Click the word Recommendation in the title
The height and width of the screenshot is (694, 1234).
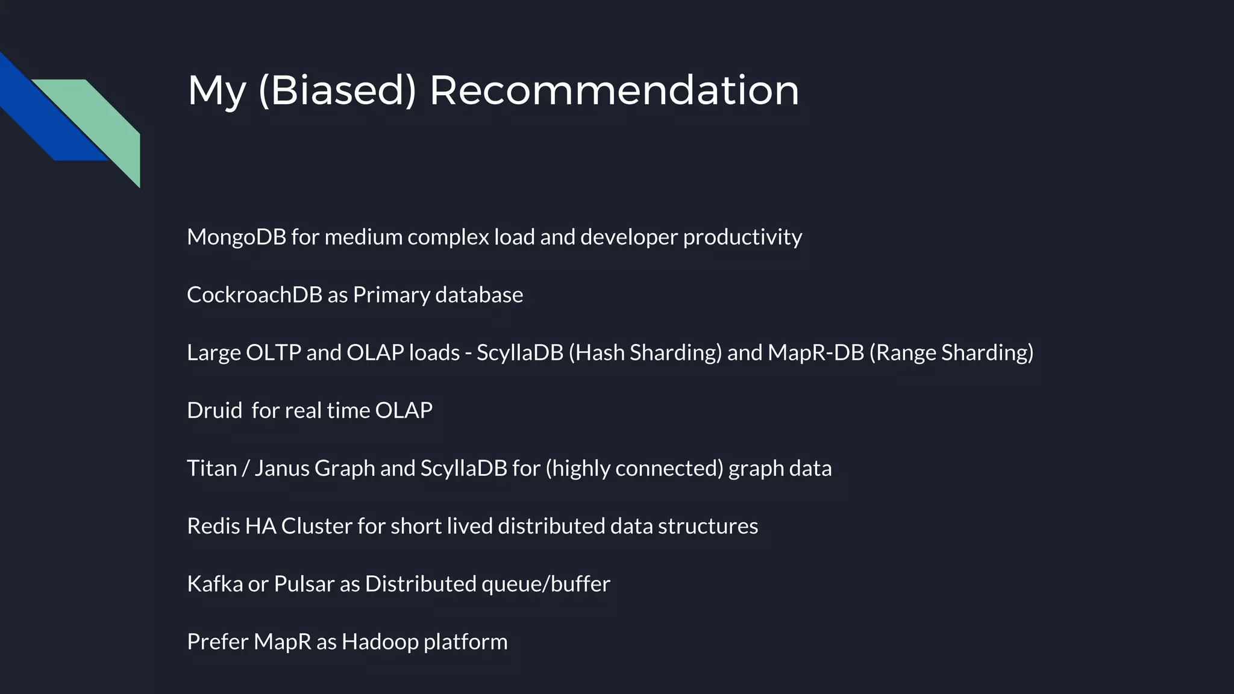click(x=614, y=90)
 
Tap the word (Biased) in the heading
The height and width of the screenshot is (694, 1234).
click(x=337, y=90)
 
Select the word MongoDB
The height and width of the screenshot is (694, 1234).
click(x=236, y=237)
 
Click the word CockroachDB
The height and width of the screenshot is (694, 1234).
click(x=254, y=295)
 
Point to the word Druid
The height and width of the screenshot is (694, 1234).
click(x=214, y=410)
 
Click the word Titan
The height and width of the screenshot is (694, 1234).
click(x=211, y=468)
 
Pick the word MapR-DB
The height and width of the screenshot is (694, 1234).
click(x=815, y=352)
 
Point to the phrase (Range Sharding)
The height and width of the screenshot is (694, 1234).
click(x=951, y=352)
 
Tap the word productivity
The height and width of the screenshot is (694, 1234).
click(x=742, y=237)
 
